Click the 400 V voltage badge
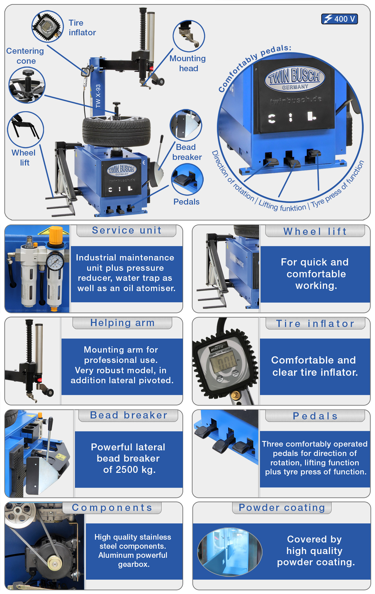tap(339, 19)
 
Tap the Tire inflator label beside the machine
tap(82, 27)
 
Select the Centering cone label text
tap(25, 56)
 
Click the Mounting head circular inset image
tap(189, 36)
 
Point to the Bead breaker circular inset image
tap(186, 125)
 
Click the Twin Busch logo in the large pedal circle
tap(295, 78)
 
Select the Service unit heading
tap(127, 230)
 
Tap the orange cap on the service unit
tap(56, 235)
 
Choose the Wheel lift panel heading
tap(315, 231)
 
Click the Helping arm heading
tap(122, 323)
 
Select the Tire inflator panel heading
tap(315, 324)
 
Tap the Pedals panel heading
tap(315, 416)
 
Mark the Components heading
tap(112, 507)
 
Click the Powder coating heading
tap(282, 507)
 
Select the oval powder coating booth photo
tap(230, 552)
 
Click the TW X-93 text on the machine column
tap(98, 96)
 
